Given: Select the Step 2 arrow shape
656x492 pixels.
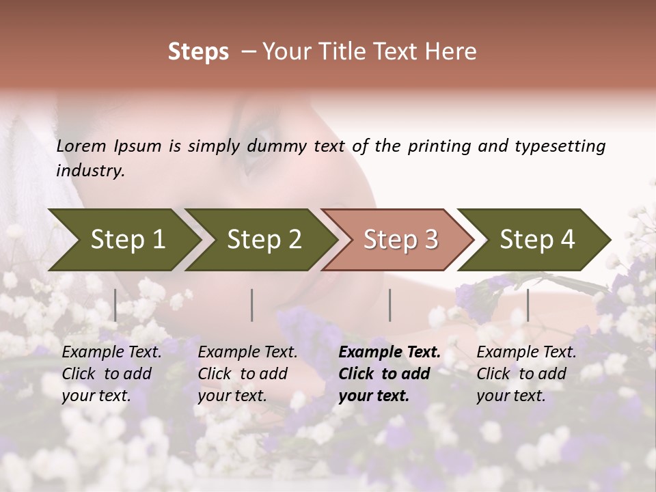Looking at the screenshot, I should [263, 240].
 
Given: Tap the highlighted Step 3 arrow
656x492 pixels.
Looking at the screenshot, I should [400, 240].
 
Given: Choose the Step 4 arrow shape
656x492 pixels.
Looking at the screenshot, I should [536, 240].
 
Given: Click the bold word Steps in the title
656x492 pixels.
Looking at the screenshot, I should [198, 51].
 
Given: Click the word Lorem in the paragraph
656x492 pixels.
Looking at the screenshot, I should [81, 146].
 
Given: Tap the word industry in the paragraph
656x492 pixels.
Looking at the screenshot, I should [90, 171].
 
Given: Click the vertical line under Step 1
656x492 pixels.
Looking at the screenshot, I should [115, 305].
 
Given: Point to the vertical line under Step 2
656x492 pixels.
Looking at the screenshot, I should [252, 305].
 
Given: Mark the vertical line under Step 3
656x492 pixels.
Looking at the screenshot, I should [390, 305].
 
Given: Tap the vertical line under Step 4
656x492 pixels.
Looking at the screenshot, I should [528, 305].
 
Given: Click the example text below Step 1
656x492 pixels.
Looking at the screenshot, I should [111, 374].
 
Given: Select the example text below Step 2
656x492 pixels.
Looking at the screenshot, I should [247, 374].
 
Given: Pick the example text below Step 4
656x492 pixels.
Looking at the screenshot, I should [526, 374].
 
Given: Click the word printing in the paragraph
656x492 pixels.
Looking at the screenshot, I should [438, 146].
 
